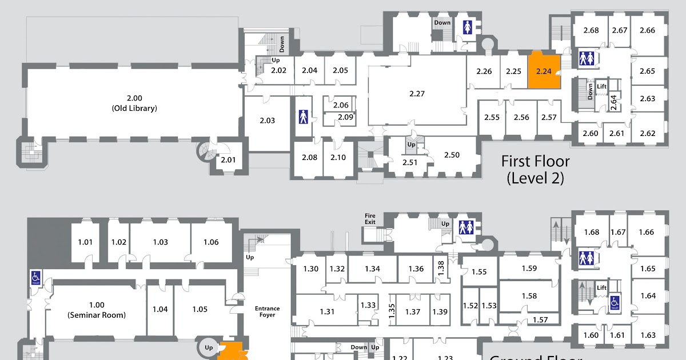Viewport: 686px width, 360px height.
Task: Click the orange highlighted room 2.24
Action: (x=543, y=71)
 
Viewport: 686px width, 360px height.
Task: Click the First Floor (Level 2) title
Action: (x=535, y=169)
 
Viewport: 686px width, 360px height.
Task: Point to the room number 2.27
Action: (x=417, y=93)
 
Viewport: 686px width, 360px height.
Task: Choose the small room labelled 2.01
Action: (x=228, y=159)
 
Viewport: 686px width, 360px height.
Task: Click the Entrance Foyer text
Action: (x=267, y=311)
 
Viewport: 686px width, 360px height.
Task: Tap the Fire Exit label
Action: (x=370, y=218)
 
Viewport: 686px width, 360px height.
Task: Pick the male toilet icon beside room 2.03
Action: (x=304, y=117)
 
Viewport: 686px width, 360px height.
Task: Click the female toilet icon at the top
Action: (x=468, y=27)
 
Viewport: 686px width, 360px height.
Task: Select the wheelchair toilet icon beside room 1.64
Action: (x=615, y=302)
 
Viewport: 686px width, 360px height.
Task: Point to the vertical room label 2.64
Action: (x=613, y=103)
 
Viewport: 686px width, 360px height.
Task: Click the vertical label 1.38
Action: (x=440, y=268)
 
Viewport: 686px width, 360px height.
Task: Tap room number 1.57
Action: (x=540, y=319)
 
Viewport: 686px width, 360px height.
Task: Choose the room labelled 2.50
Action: (x=452, y=155)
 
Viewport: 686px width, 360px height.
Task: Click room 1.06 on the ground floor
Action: (x=211, y=242)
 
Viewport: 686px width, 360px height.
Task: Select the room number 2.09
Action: (x=345, y=117)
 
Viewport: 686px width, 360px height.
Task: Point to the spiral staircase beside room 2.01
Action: (x=205, y=151)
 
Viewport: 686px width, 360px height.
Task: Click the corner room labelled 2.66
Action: (x=647, y=30)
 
